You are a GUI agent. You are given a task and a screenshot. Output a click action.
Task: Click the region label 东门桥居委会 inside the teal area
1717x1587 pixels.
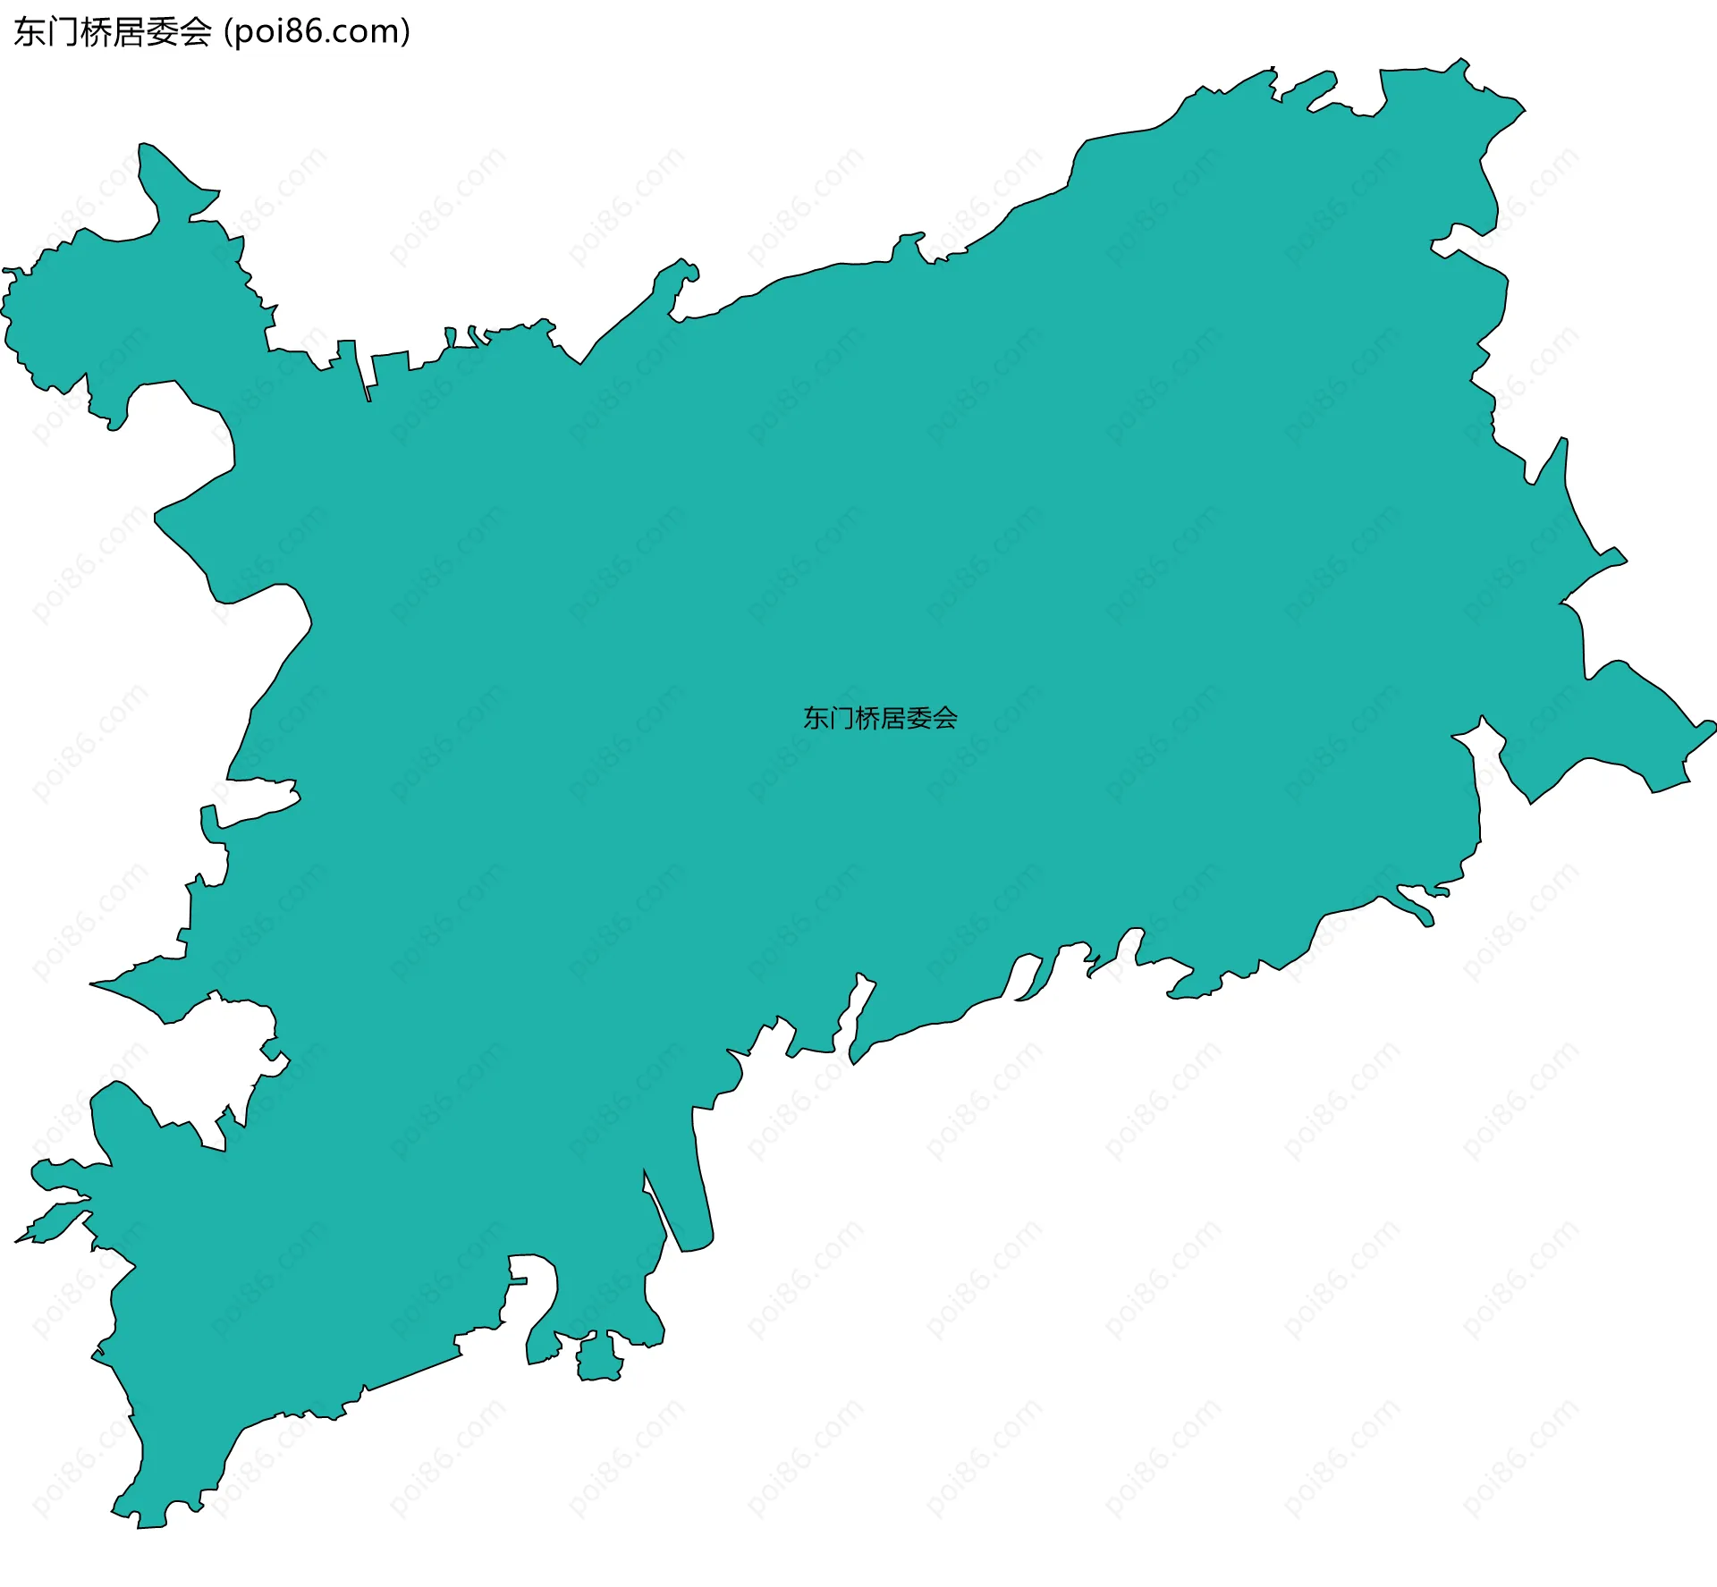pyautogui.click(x=880, y=718)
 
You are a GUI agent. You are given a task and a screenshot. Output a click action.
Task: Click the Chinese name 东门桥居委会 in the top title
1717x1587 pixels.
pyautogui.click(x=113, y=32)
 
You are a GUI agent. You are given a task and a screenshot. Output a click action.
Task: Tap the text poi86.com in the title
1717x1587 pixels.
pyautogui.click(x=317, y=32)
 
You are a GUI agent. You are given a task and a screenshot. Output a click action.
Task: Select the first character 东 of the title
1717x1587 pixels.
pyautogui.click(x=30, y=32)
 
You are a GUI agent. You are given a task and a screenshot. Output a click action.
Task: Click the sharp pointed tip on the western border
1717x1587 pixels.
pyautogui.click(x=98, y=984)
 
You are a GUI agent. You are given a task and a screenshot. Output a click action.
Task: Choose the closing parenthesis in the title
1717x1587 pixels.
pyautogui.click(x=406, y=32)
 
